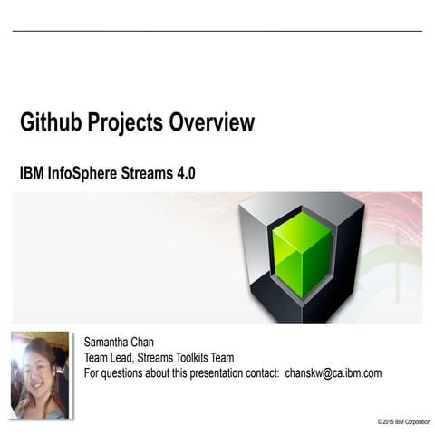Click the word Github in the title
pos(51,123)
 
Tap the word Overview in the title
pos(211,123)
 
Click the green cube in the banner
pos(302,255)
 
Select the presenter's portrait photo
pos(40,374)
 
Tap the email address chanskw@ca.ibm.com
pos(333,372)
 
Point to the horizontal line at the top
pos(217,32)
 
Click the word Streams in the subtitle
pos(145,173)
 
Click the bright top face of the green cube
pos(302,227)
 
